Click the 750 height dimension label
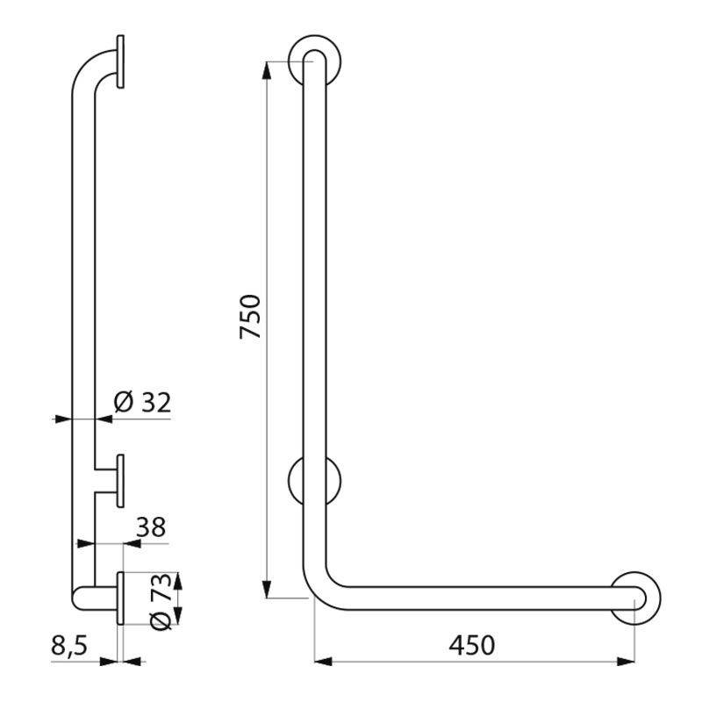pos(249,317)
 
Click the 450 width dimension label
pos(472,645)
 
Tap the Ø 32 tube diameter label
pos(142,403)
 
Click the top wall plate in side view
pos(120,61)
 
